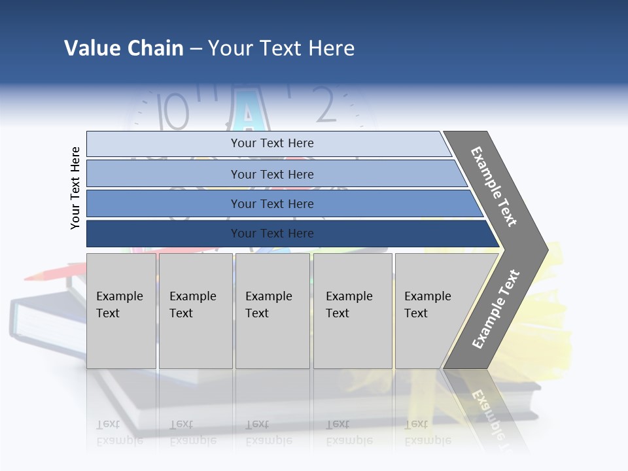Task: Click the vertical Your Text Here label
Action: pyautogui.click(x=75, y=188)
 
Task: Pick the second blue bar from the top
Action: pyautogui.click(x=272, y=174)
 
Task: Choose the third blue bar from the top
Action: pyautogui.click(x=272, y=203)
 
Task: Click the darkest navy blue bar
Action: pyautogui.click(x=272, y=234)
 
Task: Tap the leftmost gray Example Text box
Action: pyautogui.click(x=121, y=311)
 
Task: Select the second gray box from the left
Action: pyautogui.click(x=196, y=311)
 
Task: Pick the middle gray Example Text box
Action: pyautogui.click(x=272, y=311)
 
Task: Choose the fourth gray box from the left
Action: pyautogui.click(x=353, y=311)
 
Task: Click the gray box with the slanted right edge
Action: pyautogui.click(x=432, y=311)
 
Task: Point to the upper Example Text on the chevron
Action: pyautogui.click(x=494, y=186)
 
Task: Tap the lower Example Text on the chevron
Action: pyautogui.click(x=496, y=309)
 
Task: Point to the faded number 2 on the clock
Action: pyautogui.click(x=325, y=105)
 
